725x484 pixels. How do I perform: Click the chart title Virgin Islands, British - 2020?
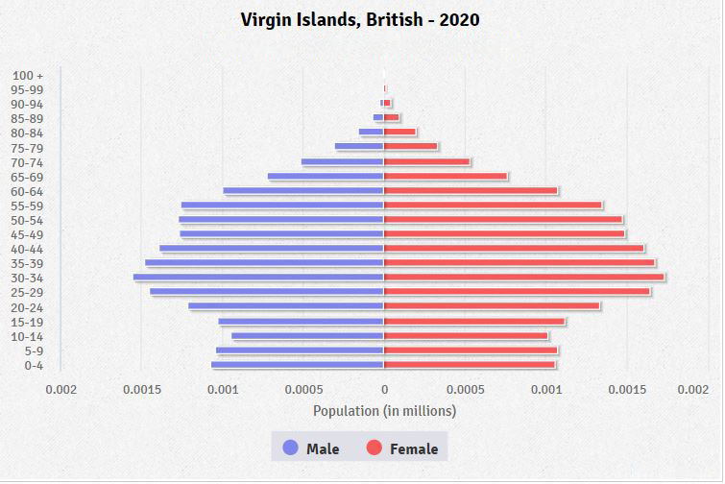tap(360, 19)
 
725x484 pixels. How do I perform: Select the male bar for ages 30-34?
tap(258, 278)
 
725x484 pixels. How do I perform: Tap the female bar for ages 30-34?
tap(524, 278)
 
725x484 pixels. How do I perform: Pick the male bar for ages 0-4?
tap(298, 365)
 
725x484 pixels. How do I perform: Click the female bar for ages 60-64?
tap(471, 190)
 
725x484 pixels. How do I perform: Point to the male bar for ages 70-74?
tap(343, 161)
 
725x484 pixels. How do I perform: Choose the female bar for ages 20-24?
tap(492, 306)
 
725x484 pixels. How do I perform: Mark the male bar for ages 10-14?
tap(307, 336)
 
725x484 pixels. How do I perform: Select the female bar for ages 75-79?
tap(411, 147)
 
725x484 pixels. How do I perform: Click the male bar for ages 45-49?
tap(281, 233)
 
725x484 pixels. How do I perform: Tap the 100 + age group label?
tap(29, 75)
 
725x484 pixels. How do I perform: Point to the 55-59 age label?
tap(28, 206)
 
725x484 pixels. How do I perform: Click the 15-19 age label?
tap(28, 322)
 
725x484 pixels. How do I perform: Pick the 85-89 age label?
tap(28, 118)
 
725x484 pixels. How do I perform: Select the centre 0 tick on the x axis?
tap(384, 389)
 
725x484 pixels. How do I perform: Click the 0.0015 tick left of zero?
tap(141, 389)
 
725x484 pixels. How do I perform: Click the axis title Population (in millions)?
tap(384, 411)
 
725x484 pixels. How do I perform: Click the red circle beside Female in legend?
tap(375, 448)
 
